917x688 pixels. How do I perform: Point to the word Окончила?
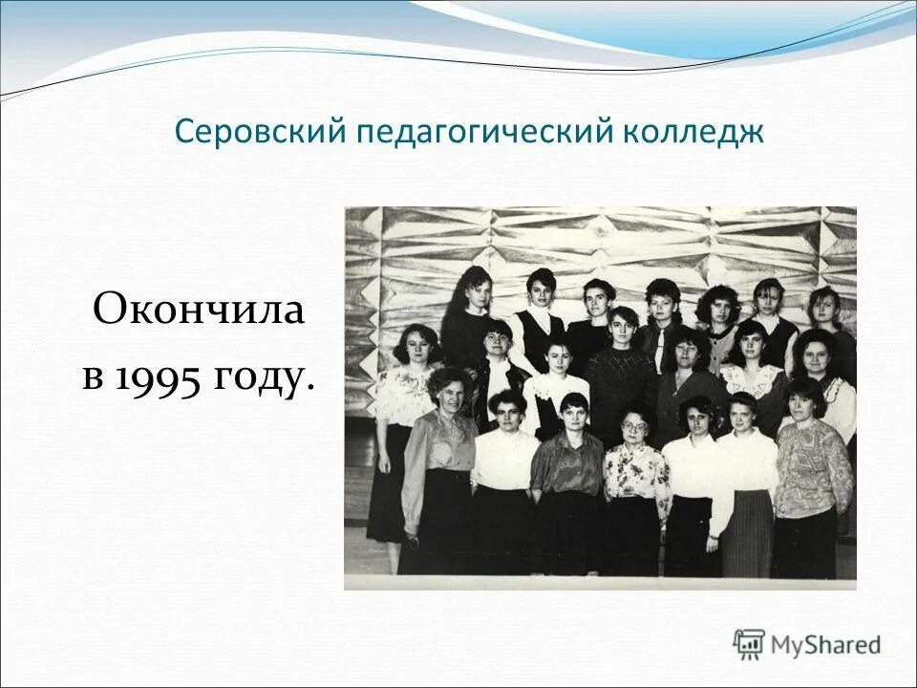click(198, 312)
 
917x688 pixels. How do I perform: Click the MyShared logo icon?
click(750, 644)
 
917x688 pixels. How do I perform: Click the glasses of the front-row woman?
click(634, 425)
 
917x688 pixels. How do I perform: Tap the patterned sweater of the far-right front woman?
click(812, 466)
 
